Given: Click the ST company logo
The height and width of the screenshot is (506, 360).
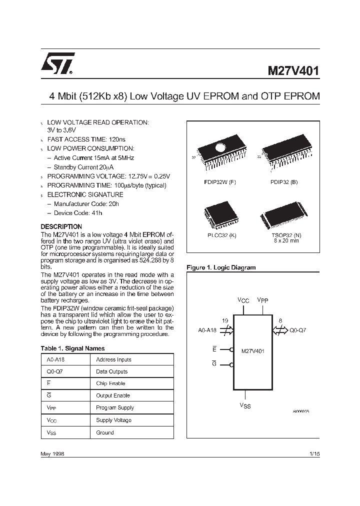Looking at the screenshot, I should (x=57, y=63).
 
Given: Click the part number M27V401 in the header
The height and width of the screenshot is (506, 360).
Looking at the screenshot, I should (x=290, y=70).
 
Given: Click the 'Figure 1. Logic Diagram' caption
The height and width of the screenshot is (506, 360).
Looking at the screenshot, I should (x=220, y=267).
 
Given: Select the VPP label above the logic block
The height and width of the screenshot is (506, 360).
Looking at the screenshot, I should (x=263, y=300).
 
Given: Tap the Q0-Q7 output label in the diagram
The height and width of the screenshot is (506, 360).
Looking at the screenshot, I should (x=299, y=330).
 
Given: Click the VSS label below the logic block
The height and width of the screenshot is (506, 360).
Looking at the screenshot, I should (x=244, y=405).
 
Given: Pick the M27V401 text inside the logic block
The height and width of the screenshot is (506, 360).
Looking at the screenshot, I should (x=252, y=351).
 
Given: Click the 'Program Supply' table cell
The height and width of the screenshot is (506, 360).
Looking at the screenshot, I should (x=115, y=408).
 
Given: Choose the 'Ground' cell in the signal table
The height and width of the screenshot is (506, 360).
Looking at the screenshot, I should (x=105, y=432).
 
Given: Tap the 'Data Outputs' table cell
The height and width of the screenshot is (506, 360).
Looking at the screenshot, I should (x=112, y=371).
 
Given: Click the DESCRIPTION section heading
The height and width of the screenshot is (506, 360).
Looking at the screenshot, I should (x=61, y=226).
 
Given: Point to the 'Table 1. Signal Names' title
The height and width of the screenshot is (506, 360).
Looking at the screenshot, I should (x=72, y=348).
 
